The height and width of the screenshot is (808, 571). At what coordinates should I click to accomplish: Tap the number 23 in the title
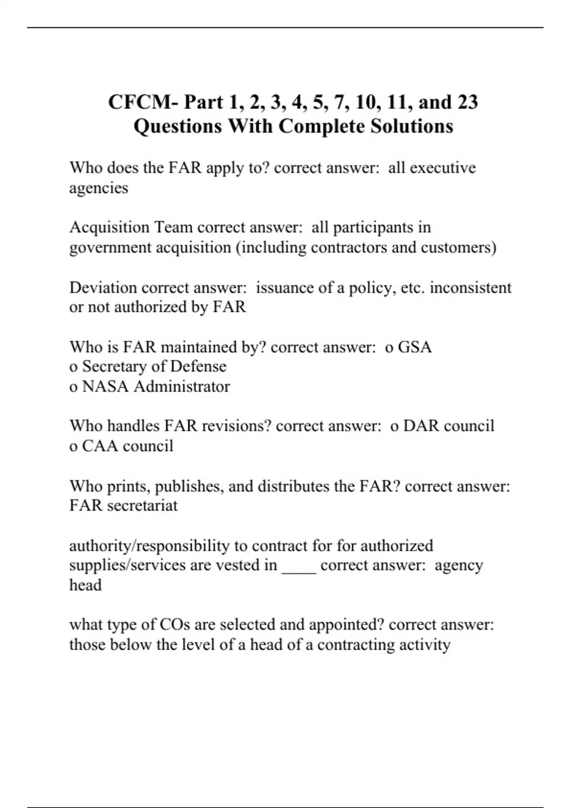coord(468,102)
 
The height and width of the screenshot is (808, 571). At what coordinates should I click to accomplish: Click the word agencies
coord(98,188)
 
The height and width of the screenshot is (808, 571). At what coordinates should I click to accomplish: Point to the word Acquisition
coord(109,228)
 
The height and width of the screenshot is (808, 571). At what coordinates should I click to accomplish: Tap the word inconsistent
coord(471,288)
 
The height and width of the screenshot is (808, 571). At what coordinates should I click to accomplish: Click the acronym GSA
coord(415,347)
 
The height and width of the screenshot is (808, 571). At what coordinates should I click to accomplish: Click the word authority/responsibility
coord(149,546)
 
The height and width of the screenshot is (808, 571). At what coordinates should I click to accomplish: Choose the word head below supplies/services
coord(85,585)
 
